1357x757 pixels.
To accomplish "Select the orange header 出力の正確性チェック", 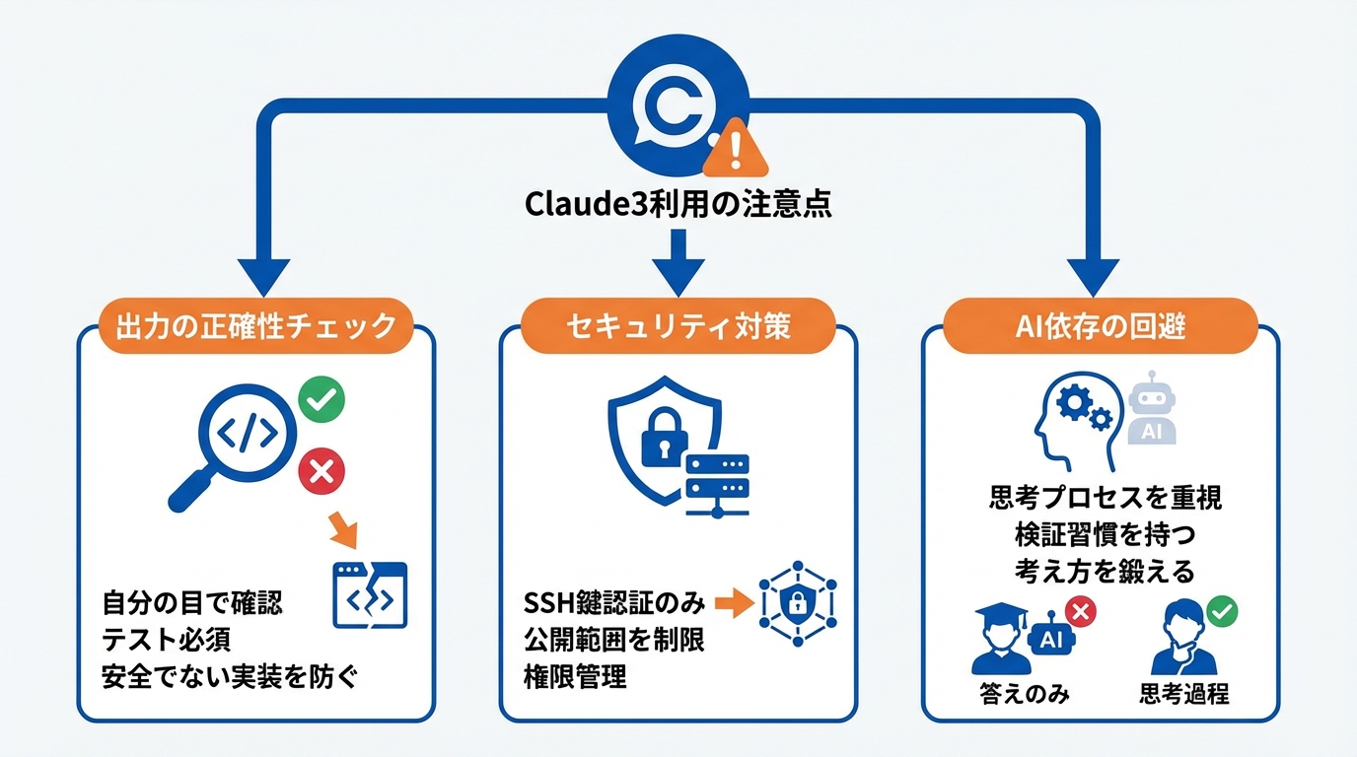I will tap(256, 326).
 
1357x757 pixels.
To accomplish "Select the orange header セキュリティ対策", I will tap(678, 326).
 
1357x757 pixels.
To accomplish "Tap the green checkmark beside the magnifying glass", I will tap(321, 400).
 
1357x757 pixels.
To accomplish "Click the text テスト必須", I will tap(167, 640).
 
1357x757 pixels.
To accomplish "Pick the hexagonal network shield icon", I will tap(798, 602).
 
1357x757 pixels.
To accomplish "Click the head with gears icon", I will tap(1073, 419).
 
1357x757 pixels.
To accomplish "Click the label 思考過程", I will tap(1183, 694).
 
